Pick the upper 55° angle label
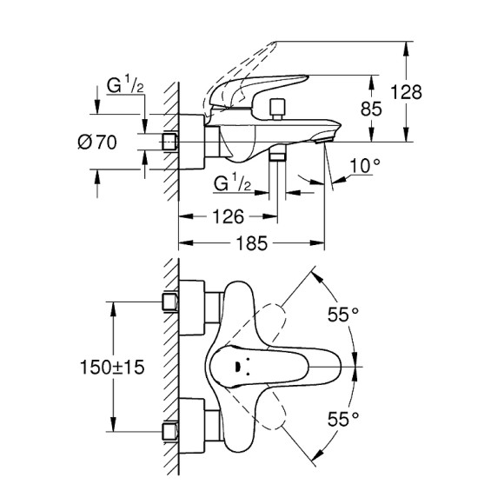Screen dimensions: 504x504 pos(342,315)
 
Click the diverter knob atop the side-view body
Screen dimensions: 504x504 pos(277,109)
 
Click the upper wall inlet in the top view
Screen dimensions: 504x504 pos(171,302)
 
